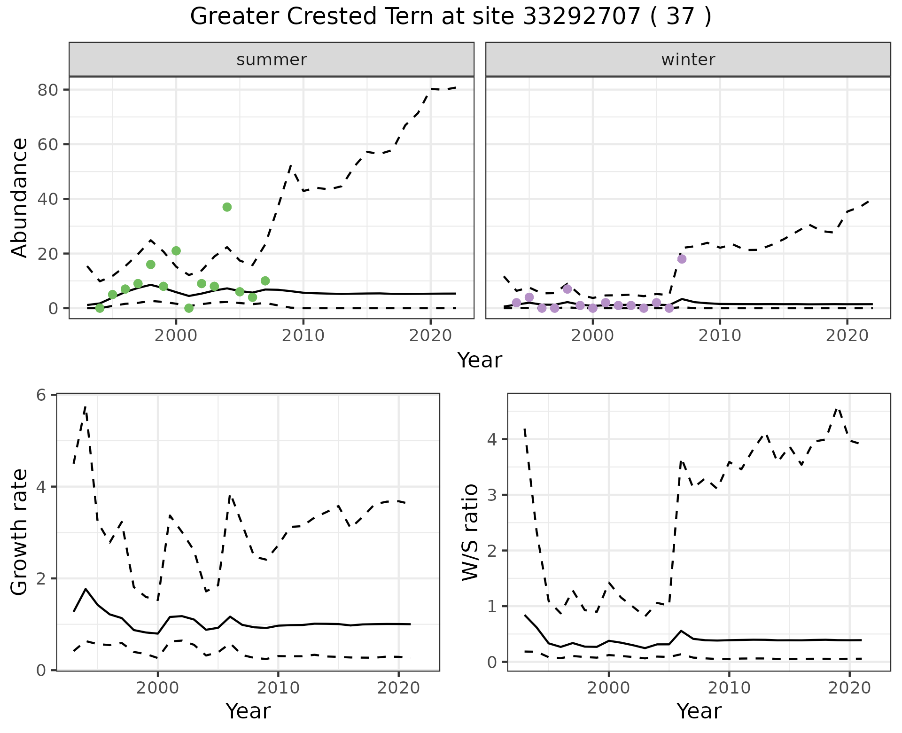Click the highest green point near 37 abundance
click(227, 207)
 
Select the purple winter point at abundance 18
click(682, 259)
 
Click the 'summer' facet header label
click(272, 60)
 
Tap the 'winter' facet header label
click(688, 60)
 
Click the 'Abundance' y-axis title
click(20, 198)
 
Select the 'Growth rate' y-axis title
click(20, 532)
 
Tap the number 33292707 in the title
click(582, 17)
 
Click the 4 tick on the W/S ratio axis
click(493, 440)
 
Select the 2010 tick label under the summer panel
click(303, 335)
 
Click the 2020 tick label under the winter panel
click(847, 335)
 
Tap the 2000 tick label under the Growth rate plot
click(158, 688)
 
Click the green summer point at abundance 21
click(176, 251)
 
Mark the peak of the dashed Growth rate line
click(86, 407)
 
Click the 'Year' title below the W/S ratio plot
click(699, 711)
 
